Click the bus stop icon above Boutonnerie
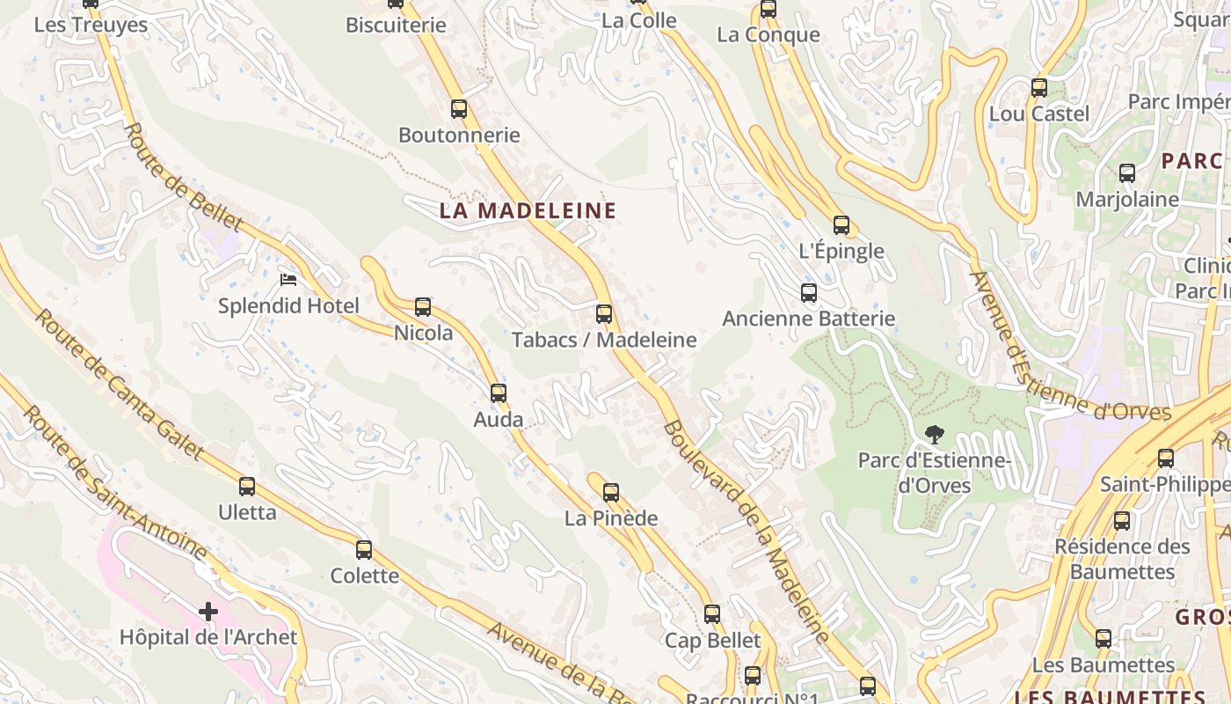458,109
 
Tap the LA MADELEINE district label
528,211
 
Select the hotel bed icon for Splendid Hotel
288,280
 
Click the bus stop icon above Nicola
423,307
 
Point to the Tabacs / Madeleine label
604,340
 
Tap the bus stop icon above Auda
499,393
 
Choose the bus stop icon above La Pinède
611,493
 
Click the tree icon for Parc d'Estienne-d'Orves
934,434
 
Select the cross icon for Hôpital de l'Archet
208,611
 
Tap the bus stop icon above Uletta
247,487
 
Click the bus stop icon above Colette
364,550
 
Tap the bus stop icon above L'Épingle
841,225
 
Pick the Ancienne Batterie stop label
808,319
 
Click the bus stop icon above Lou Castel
1039,88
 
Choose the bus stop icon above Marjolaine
1127,173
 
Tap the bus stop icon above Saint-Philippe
1166,458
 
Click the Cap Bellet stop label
712,640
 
